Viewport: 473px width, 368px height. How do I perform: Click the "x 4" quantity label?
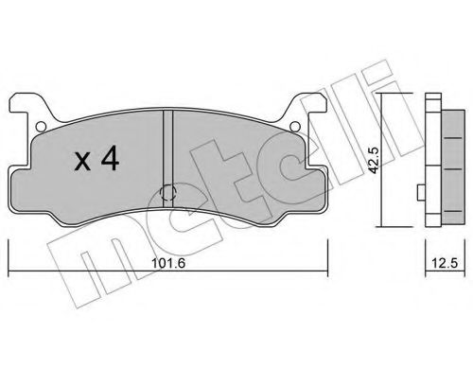click(x=96, y=162)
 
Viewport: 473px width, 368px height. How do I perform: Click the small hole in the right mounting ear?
click(x=295, y=127)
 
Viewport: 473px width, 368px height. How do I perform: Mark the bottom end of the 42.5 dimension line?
click(x=381, y=227)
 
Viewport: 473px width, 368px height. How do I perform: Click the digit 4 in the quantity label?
click(x=110, y=162)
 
